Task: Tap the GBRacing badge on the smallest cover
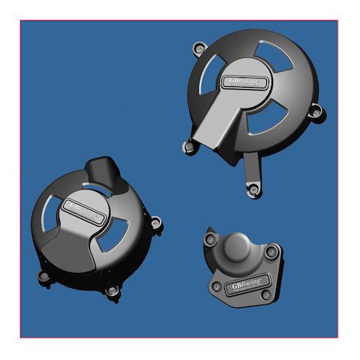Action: (x=247, y=284)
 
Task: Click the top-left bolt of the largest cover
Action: (x=199, y=49)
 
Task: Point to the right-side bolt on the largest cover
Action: (x=316, y=112)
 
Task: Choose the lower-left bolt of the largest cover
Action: (x=188, y=148)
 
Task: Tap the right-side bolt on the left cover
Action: (x=155, y=223)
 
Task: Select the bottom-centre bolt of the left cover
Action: (x=112, y=289)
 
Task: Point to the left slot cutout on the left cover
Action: (x=55, y=211)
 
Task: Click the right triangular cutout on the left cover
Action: (x=112, y=238)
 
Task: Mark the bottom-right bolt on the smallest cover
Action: (x=266, y=295)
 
